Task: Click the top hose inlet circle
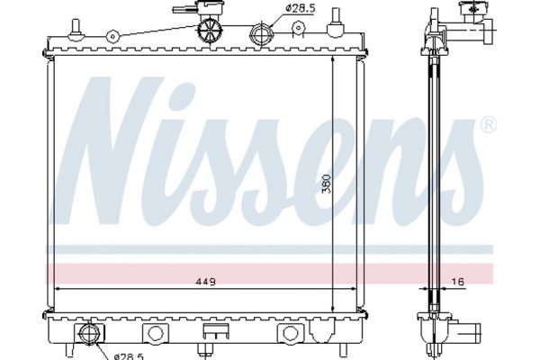[262, 35]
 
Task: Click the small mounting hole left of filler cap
[112, 37]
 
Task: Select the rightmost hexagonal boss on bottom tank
[291, 334]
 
